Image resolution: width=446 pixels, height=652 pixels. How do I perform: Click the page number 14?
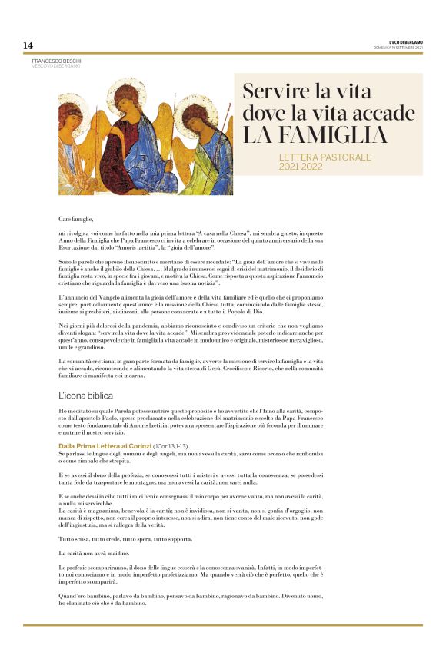[28, 45]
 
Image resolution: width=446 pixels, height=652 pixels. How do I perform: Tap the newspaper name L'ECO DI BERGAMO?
[405, 42]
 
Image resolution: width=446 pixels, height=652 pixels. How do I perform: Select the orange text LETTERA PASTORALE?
[325, 157]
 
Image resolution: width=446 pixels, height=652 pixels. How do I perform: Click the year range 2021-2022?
[301, 167]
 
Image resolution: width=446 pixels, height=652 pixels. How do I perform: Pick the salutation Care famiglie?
[75, 219]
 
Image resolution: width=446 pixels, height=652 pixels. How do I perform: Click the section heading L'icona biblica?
[86, 395]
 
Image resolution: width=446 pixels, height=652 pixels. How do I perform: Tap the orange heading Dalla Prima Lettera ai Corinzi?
[105, 445]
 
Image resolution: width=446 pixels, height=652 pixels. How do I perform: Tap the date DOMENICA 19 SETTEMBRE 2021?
[398, 48]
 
